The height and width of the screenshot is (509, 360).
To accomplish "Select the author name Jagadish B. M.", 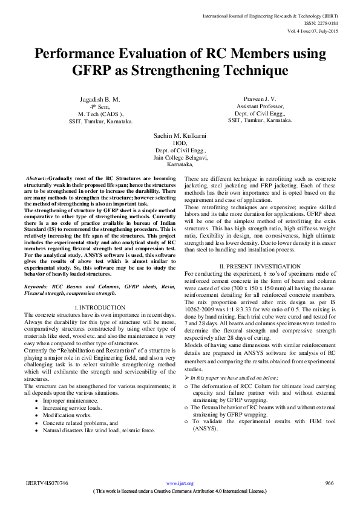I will coord(100,99).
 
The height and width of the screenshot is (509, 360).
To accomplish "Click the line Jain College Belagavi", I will coord(180,157).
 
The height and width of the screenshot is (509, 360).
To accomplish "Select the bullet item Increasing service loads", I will coord(77,408).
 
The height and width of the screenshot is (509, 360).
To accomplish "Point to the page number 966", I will coord(330,483).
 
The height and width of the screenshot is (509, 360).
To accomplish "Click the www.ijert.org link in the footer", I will coord(180,484).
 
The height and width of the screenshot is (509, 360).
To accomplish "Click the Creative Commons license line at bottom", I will coord(180,491).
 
